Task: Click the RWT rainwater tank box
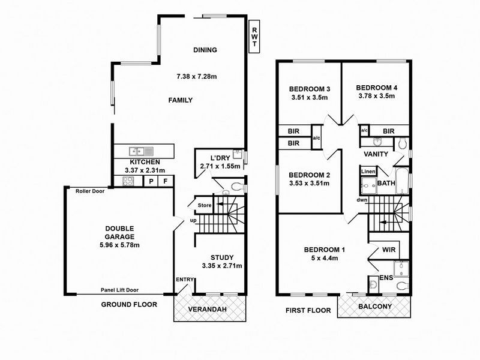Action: click(254, 37)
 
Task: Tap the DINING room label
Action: click(205, 50)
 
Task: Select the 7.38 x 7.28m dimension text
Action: click(196, 77)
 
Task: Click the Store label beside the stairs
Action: click(204, 207)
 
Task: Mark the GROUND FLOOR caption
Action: click(128, 305)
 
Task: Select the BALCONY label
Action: click(375, 307)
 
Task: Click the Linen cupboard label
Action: click(367, 172)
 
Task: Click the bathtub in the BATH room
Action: click(404, 179)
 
